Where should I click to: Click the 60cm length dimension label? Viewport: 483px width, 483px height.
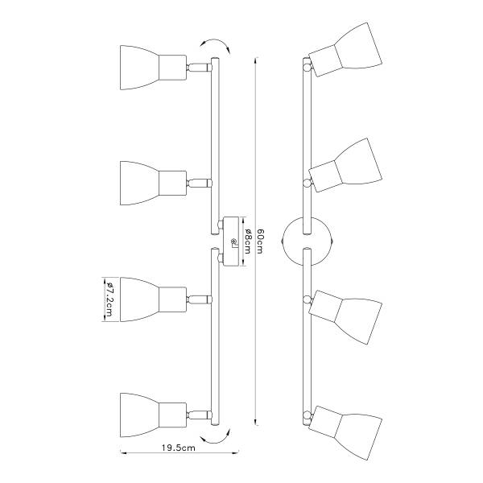pyautogui.click(x=260, y=242)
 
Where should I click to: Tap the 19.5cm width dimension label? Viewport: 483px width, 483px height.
pyautogui.click(x=179, y=448)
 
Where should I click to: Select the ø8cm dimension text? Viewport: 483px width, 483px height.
pyautogui.click(x=248, y=242)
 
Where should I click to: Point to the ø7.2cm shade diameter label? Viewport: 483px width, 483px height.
pyautogui.click(x=109, y=299)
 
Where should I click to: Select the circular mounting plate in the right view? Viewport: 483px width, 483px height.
pyautogui.click(x=308, y=242)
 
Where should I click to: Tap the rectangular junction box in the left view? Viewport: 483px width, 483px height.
pyautogui.click(x=230, y=242)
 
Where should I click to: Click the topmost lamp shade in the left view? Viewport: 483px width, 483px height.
pyautogui.click(x=153, y=68)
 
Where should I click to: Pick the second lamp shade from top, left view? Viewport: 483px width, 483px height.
pyautogui.click(x=153, y=183)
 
